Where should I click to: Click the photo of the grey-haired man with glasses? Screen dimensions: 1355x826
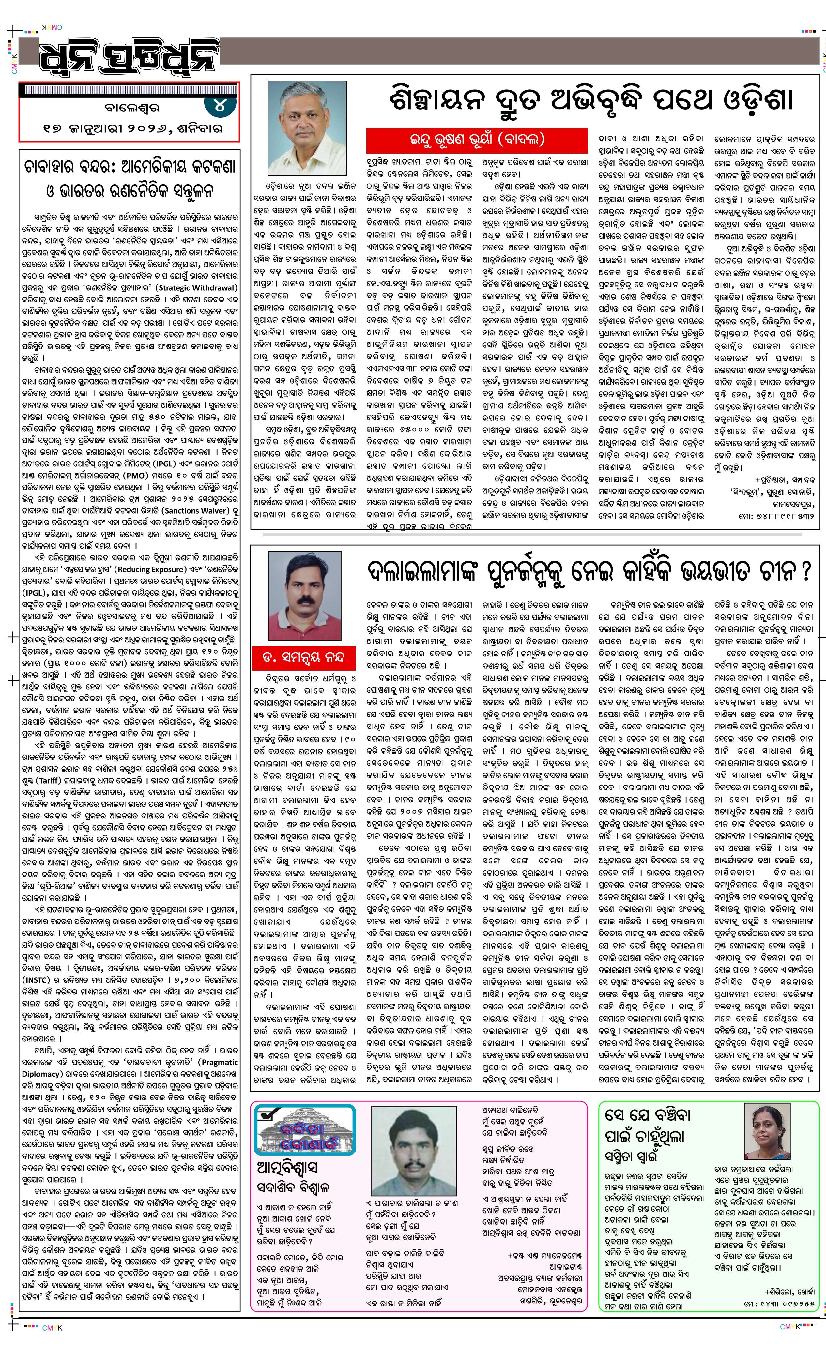click(307, 127)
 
